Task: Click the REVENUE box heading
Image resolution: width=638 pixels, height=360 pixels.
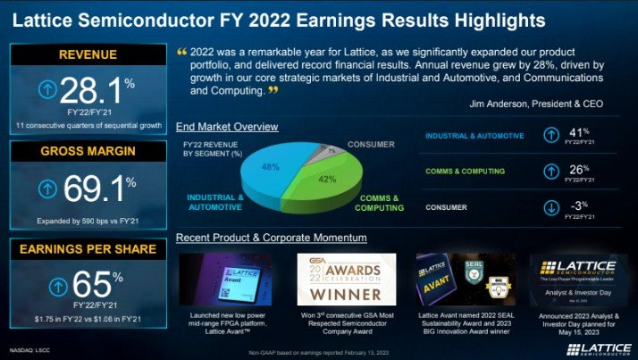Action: click(88, 55)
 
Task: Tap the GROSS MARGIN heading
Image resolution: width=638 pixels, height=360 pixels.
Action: click(88, 152)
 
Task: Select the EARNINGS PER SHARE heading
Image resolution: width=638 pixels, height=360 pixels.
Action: click(88, 248)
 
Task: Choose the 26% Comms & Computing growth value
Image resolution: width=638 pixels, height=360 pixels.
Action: click(578, 169)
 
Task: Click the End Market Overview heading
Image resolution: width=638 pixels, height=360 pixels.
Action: click(227, 127)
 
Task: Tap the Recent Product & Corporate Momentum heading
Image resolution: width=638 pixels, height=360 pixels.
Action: click(272, 238)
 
